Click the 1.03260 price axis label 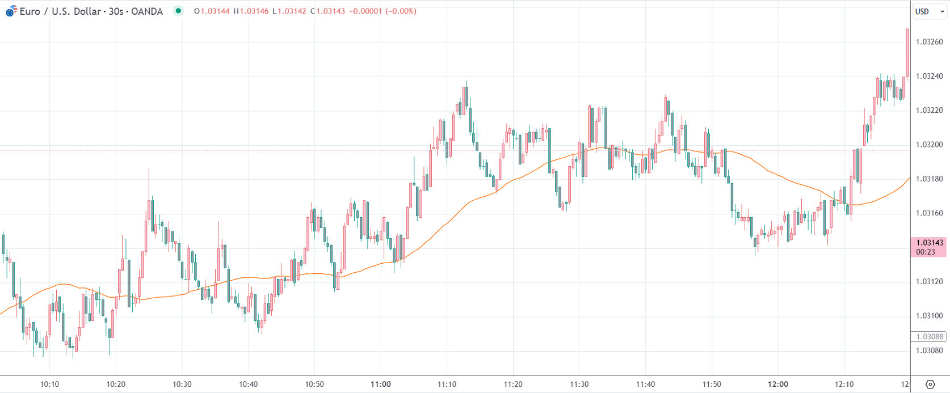[x=929, y=42]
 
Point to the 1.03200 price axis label [x=929, y=145]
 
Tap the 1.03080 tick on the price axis [x=929, y=350]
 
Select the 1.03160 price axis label [x=929, y=213]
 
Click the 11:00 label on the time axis [x=381, y=384]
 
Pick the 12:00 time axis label [x=778, y=384]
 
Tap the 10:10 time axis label [x=50, y=384]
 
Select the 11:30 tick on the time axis [x=579, y=384]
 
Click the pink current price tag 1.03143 [x=930, y=243]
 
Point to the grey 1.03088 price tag [x=929, y=337]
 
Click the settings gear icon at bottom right [x=930, y=384]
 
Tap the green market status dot [x=178, y=11]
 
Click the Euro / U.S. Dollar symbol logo [x=11, y=11]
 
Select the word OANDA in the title [x=146, y=11]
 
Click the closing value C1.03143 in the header [x=327, y=11]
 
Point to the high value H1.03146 [x=251, y=11]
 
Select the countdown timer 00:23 [x=926, y=252]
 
